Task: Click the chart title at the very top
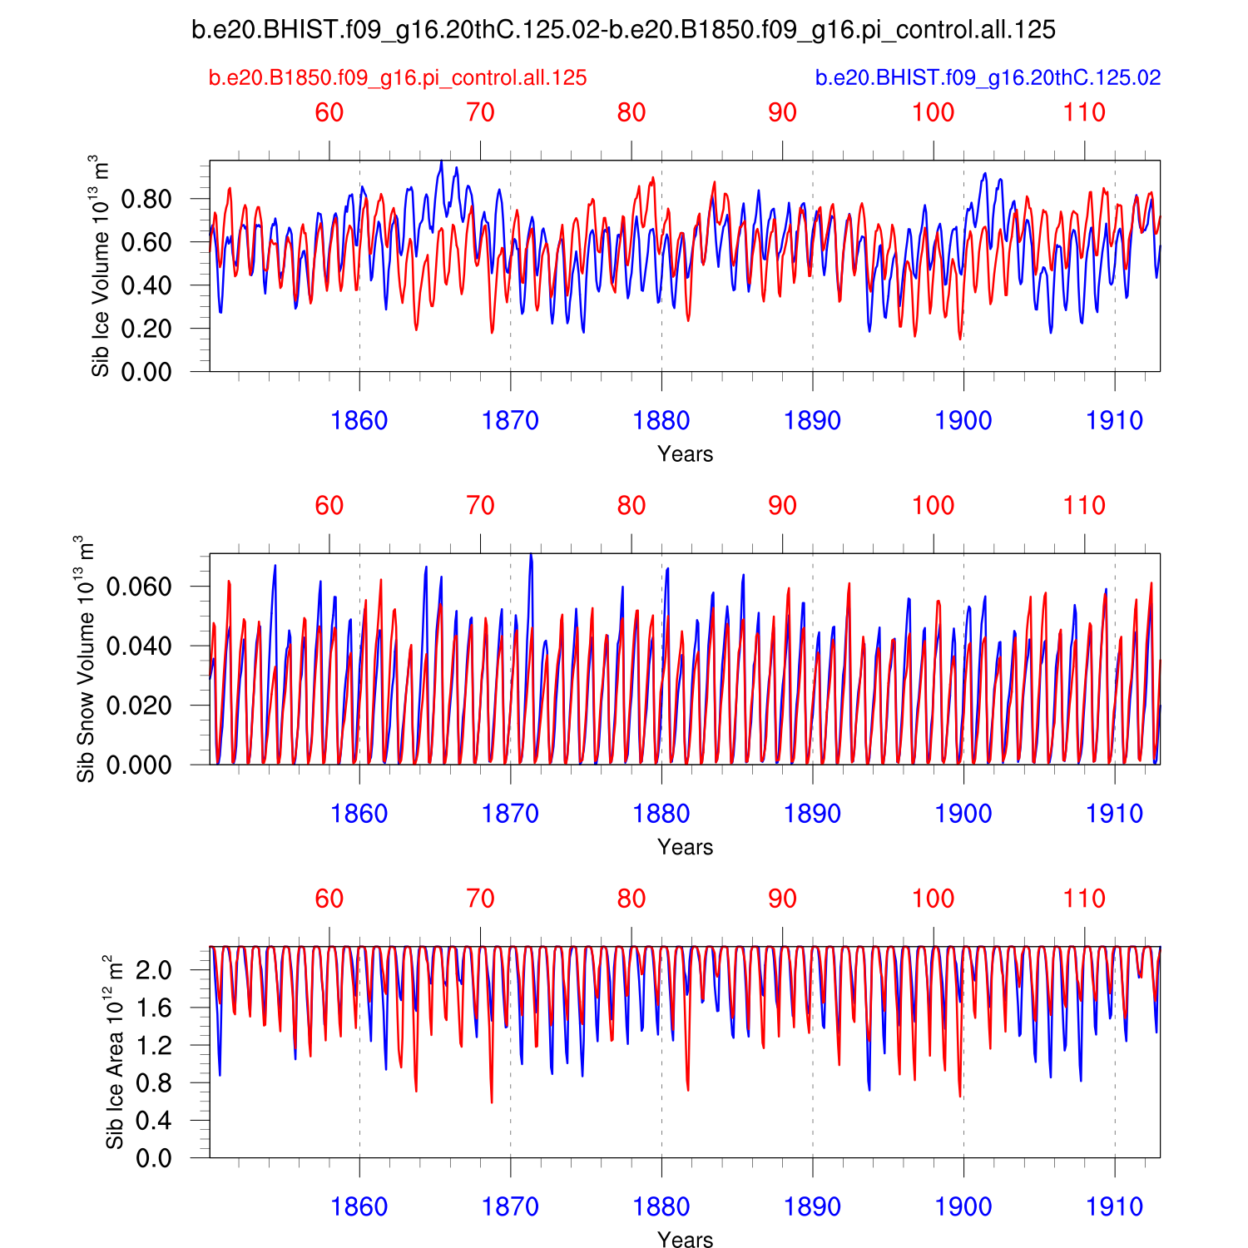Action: [623, 31]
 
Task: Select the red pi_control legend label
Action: [398, 78]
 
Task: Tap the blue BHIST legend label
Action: [988, 78]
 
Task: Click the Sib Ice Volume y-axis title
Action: [100, 265]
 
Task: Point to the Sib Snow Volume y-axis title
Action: [86, 659]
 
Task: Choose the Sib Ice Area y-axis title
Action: [115, 1052]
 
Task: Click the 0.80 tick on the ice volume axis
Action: [146, 199]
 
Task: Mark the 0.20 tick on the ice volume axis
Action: [146, 329]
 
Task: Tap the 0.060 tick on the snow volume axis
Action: [139, 587]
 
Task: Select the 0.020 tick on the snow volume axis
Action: [139, 706]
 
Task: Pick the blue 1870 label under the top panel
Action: [510, 421]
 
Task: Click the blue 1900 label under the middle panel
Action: [963, 814]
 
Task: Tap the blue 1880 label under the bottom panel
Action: [661, 1206]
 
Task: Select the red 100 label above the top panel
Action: [934, 113]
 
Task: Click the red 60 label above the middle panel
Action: [329, 506]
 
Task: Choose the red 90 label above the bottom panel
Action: [782, 899]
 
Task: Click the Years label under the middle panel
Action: [685, 847]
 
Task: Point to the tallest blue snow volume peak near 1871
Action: [531, 555]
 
